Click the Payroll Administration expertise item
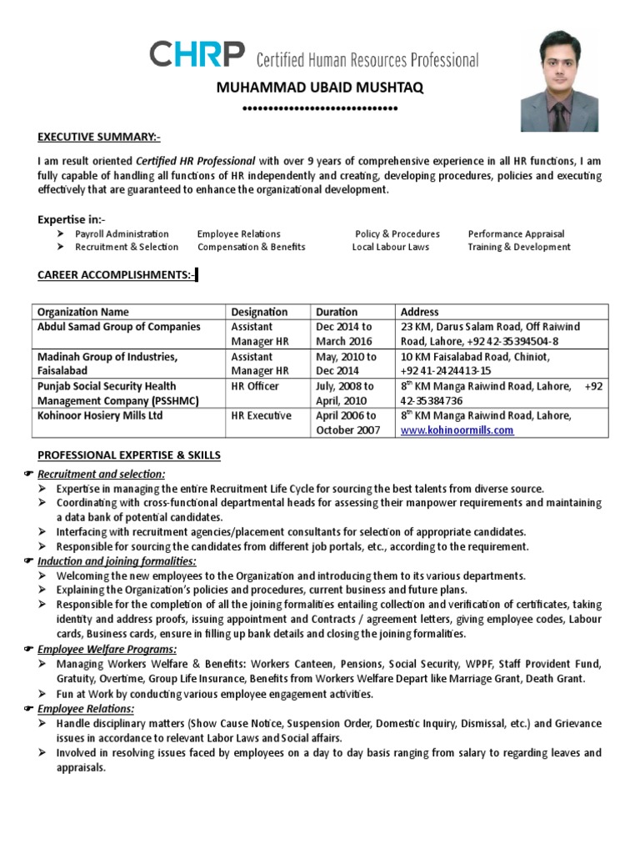click(122, 234)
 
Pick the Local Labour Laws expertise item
click(390, 247)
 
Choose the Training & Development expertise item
click(518, 247)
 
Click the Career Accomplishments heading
click(116, 275)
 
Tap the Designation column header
click(259, 312)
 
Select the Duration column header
click(337, 312)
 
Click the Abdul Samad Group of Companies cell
click(119, 327)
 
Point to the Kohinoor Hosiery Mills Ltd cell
click(100, 415)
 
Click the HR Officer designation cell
click(255, 386)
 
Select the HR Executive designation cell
click(262, 415)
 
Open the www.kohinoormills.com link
click(457, 430)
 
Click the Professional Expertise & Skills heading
click(129, 455)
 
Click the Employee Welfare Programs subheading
click(105, 648)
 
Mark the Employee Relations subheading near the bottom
click(87, 709)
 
